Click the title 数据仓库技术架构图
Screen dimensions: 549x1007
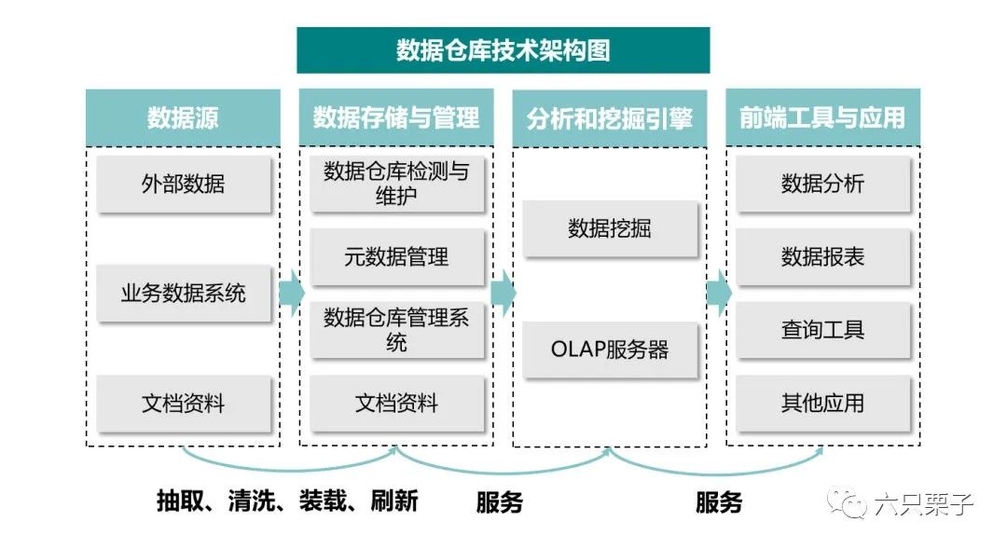[503, 50]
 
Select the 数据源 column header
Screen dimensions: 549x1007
[183, 117]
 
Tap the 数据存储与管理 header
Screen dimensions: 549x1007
[396, 117]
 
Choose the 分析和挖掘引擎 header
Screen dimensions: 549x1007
[610, 118]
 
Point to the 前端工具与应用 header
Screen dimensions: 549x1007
[822, 117]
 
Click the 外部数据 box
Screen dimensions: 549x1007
[184, 184]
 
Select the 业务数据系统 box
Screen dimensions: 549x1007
[184, 294]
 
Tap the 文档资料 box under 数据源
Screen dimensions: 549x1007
[184, 404]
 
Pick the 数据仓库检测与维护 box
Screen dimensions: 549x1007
[396, 184]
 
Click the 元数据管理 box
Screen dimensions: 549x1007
[396, 257]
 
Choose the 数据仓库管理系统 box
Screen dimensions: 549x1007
[396, 331]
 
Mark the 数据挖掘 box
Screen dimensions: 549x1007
[610, 228]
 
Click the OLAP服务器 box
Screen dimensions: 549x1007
[610, 350]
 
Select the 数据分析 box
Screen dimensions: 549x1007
[822, 184]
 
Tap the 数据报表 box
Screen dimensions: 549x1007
[822, 257]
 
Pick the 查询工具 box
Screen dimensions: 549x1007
[822, 330]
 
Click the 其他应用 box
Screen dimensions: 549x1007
[822, 404]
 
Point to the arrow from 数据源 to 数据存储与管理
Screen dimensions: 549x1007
[291, 294]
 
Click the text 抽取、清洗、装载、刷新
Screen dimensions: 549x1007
[287, 501]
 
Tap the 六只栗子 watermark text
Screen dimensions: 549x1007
[923, 504]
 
